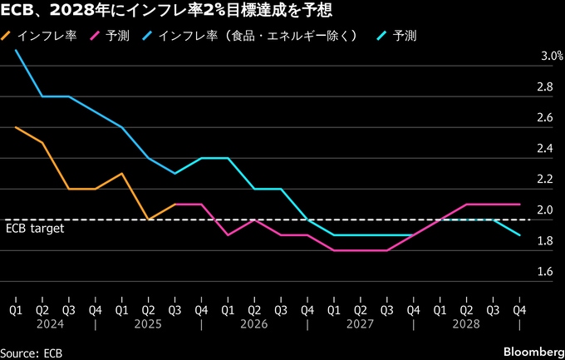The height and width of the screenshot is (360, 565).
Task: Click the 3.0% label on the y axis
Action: [x=553, y=57]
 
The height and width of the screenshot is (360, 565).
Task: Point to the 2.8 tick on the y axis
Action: [x=546, y=87]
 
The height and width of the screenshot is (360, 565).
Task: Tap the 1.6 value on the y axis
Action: [x=546, y=272]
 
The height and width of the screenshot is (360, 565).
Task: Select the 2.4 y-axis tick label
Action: [x=546, y=149]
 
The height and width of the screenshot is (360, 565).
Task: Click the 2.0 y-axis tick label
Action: [x=546, y=210]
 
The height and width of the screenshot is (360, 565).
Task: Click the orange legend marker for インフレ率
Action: [x=8, y=37]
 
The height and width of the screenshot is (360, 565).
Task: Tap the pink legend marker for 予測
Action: [x=96, y=37]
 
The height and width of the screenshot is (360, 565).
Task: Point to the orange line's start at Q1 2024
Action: [x=16, y=127]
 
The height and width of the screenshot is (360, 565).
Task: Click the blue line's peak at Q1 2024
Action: [x=16, y=50]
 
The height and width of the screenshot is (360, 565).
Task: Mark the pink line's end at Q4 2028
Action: [x=520, y=204]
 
